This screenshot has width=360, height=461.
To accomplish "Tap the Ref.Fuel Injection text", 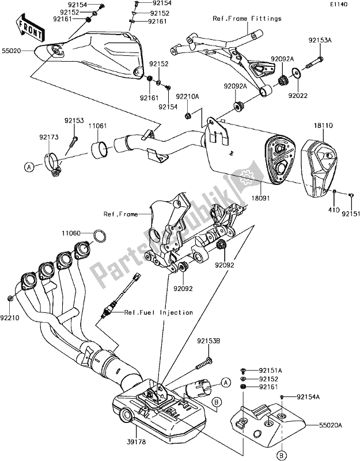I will pos(160,312).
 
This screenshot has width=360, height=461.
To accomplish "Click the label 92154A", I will pos(310,398).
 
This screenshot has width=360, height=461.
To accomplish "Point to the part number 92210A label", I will pos(188,97).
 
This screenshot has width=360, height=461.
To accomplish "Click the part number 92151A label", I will pos(269,369).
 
